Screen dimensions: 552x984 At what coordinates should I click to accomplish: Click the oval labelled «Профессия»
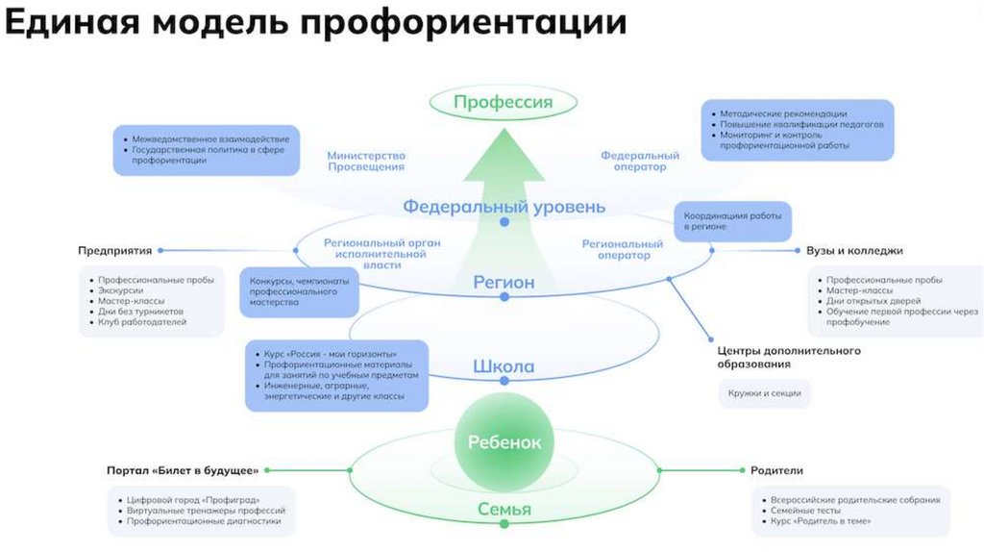[x=503, y=103]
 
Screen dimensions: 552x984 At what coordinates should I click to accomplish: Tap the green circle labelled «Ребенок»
[x=504, y=442]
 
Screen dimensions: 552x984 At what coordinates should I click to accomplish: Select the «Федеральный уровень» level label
[x=504, y=206]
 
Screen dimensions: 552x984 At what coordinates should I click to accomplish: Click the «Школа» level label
[x=504, y=366]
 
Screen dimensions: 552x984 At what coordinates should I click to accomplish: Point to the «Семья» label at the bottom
[x=504, y=510]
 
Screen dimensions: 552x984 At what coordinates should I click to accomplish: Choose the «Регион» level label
[x=504, y=283]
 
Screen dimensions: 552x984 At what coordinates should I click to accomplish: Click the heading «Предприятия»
[x=115, y=251]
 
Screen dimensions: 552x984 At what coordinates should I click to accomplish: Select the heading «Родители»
[x=776, y=470]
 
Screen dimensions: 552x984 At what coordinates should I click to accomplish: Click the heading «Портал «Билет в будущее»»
[x=183, y=470]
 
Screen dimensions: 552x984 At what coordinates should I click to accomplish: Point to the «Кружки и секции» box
[x=765, y=394]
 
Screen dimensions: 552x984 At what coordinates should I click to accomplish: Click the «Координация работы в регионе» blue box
[x=732, y=221]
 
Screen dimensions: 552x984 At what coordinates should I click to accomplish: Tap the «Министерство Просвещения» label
[x=366, y=161]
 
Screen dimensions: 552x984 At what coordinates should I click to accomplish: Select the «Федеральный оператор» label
[x=640, y=161]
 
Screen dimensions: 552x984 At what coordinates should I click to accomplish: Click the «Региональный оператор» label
[x=623, y=249]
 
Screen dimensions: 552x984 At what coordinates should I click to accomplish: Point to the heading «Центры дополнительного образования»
[x=788, y=357]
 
